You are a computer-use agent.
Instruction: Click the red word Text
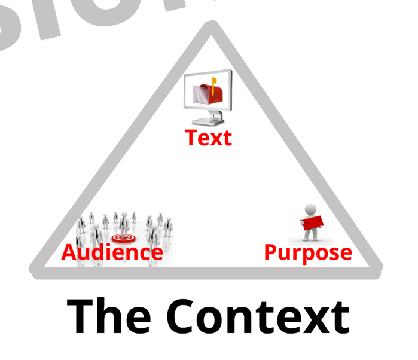(208, 138)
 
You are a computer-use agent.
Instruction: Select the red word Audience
(112, 252)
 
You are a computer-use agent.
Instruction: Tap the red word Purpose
(308, 252)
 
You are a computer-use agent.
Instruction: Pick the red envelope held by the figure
(313, 221)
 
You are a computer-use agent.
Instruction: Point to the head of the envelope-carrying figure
(310, 209)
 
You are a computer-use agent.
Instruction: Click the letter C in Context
(182, 316)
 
